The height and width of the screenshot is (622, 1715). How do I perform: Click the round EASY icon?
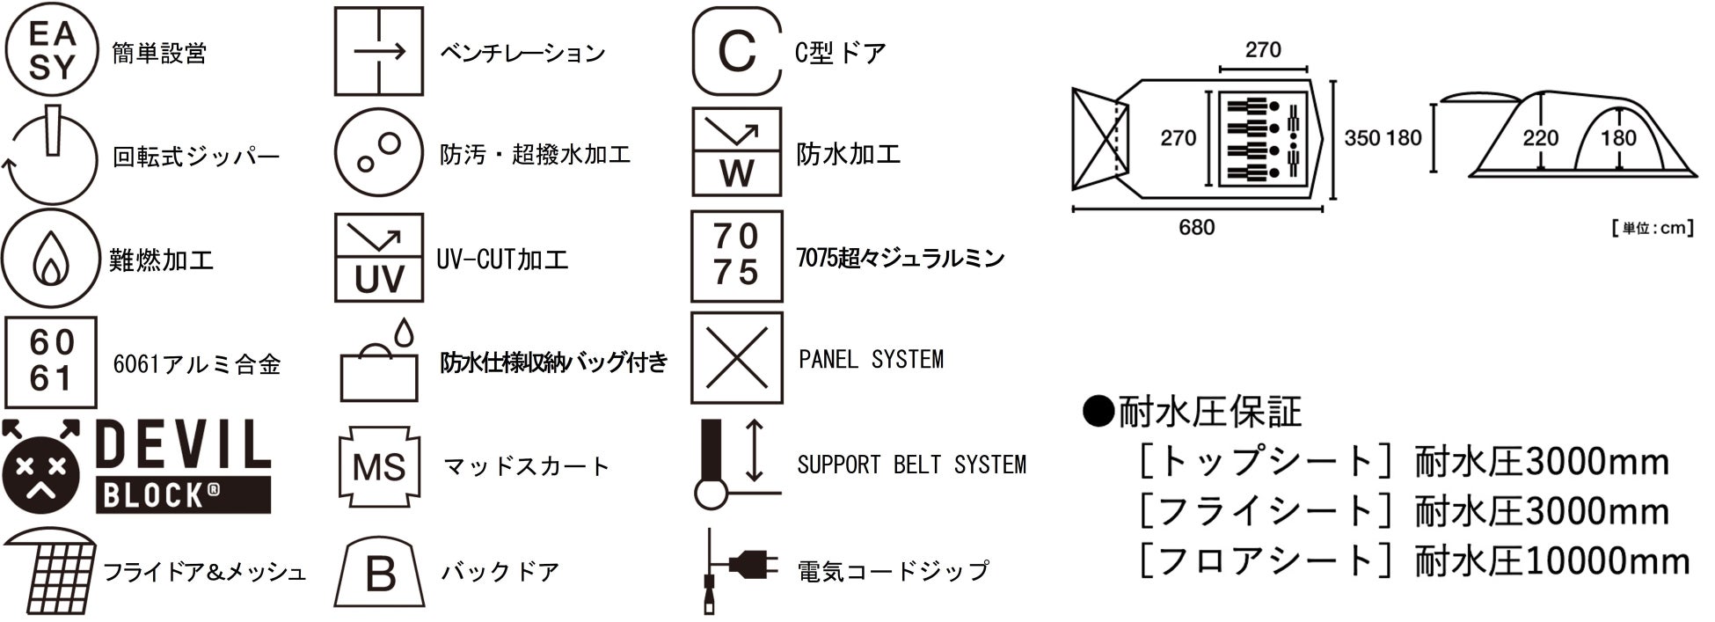(52, 51)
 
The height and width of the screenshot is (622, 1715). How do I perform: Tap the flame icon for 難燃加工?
(51, 259)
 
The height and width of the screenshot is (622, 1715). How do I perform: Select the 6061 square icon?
(51, 362)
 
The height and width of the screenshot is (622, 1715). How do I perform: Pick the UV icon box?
(379, 258)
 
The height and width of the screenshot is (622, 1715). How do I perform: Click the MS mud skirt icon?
(379, 466)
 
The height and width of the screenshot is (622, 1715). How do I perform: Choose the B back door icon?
(379, 573)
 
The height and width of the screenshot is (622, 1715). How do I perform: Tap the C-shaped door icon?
(736, 51)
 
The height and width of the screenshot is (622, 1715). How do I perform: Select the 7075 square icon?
(736, 255)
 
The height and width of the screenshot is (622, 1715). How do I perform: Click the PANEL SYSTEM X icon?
(736, 358)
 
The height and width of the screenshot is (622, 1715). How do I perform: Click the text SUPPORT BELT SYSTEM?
(911, 465)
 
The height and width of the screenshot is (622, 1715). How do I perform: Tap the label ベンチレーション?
(522, 53)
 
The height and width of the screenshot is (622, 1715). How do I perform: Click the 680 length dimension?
(1196, 228)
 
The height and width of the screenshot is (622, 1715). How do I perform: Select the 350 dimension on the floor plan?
(1361, 138)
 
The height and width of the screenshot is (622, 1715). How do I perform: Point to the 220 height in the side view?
(1540, 138)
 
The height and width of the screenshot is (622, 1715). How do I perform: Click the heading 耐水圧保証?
(1209, 412)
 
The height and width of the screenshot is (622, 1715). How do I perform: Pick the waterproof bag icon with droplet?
(381, 362)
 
